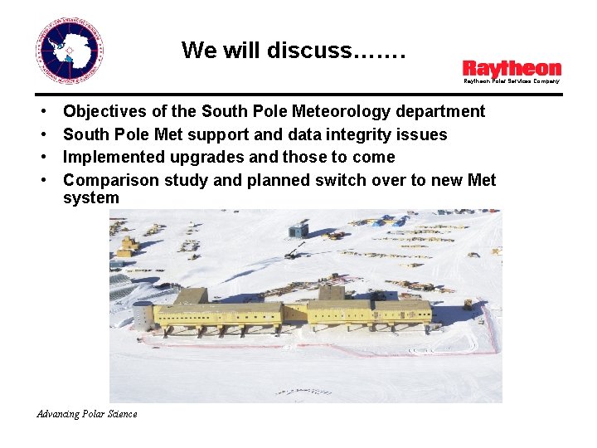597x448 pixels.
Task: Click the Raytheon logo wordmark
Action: pyautogui.click(x=512, y=69)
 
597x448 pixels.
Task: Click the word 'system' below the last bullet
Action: pyautogui.click(x=91, y=198)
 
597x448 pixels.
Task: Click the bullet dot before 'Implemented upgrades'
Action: pyautogui.click(x=41, y=158)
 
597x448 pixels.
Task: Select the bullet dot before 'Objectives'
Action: pyautogui.click(x=41, y=112)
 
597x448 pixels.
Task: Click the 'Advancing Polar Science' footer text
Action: pyautogui.click(x=87, y=414)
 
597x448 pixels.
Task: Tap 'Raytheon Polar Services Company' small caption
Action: pyautogui.click(x=511, y=81)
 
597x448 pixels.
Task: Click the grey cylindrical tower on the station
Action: pyautogui.click(x=143, y=315)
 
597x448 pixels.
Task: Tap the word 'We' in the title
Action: pyautogui.click(x=199, y=51)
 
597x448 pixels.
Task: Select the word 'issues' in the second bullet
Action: pyautogui.click(x=425, y=134)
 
